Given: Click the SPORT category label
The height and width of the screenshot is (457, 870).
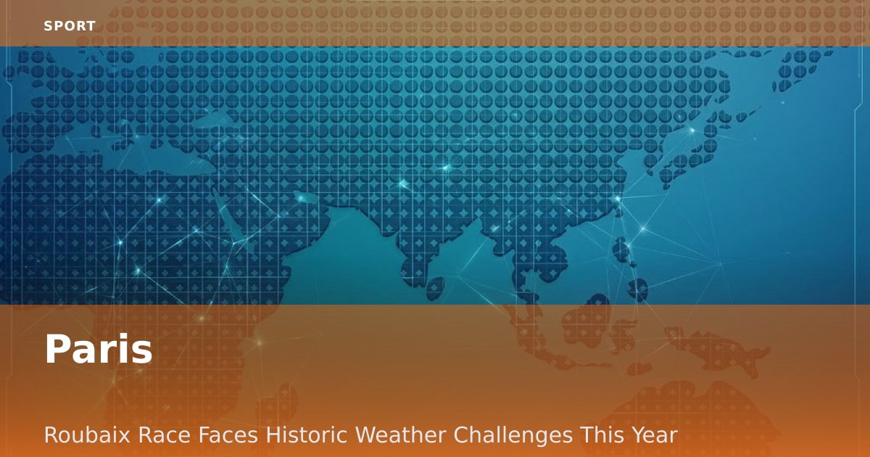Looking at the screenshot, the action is [70, 26].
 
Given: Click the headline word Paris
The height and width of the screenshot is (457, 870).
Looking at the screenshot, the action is [99, 349].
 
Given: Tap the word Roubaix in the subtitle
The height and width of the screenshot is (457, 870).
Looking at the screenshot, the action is [87, 435].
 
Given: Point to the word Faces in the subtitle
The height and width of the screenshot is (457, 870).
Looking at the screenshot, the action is [228, 435].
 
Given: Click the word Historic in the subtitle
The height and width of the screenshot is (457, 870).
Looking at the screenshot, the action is [306, 435].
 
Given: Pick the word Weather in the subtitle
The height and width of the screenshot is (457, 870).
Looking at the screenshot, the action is [400, 435].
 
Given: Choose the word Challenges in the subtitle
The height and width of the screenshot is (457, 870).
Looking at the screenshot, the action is [513, 435].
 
